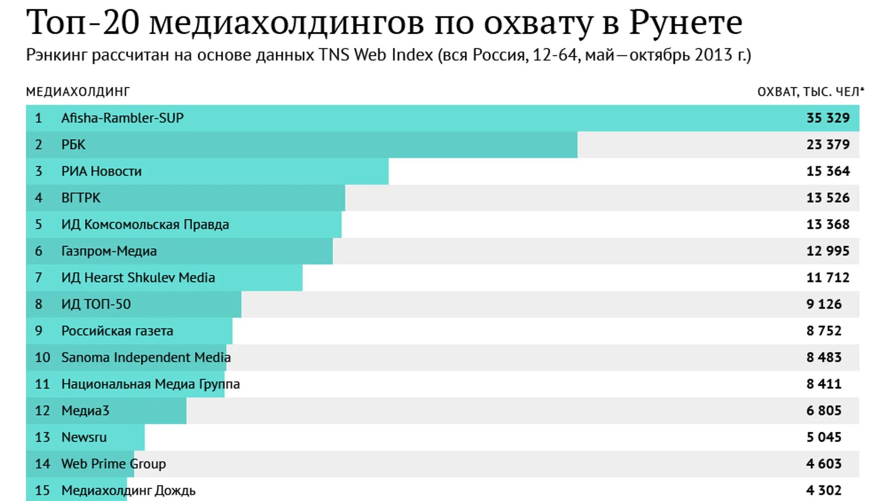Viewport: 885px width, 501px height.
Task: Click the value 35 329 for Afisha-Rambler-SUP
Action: (827, 118)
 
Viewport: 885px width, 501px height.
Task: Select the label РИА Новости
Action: (101, 171)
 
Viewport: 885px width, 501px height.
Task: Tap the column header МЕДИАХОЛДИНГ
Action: (77, 92)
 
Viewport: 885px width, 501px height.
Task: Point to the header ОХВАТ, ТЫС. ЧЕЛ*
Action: (810, 92)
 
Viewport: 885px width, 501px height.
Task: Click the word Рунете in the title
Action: (685, 23)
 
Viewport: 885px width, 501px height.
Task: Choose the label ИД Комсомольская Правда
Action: (145, 225)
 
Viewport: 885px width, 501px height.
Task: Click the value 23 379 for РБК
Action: (827, 145)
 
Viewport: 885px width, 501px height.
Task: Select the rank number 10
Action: (42, 358)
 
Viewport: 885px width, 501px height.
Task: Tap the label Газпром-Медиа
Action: (109, 251)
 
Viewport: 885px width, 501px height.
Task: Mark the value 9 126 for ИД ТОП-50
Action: (824, 304)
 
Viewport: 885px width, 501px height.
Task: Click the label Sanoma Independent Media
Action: (146, 358)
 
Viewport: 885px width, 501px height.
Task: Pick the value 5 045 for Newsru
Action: (824, 437)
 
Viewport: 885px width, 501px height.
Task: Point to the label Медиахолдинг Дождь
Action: (128, 490)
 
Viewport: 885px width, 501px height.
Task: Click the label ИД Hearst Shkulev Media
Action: (138, 278)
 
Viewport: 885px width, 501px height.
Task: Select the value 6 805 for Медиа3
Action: (824, 411)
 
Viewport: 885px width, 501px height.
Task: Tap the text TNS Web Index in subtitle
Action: (376, 55)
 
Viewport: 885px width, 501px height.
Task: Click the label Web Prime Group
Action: (113, 464)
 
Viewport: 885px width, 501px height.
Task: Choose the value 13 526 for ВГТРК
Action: (827, 198)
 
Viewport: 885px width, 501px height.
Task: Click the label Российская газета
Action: (117, 331)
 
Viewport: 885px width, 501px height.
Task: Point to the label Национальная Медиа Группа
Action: (150, 384)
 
